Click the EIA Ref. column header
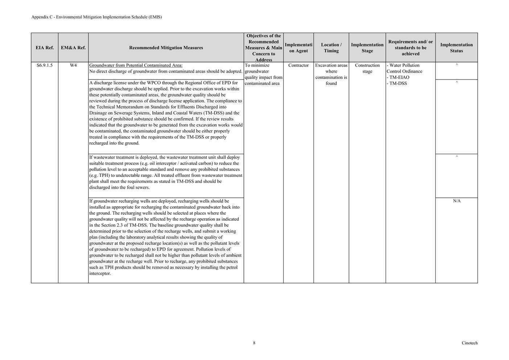(45, 48)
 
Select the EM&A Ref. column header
(73, 48)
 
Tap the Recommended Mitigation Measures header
(166, 48)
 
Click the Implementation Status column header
(456, 48)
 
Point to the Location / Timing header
(331, 48)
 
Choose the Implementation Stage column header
(367, 48)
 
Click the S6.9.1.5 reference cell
(45, 65)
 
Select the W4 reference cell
(73, 65)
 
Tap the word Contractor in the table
(298, 65)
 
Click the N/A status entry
(456, 201)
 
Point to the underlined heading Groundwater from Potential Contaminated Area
(136, 65)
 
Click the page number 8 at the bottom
(254, 343)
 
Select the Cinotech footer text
(469, 343)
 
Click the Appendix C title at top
(97, 17)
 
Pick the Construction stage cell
(367, 68)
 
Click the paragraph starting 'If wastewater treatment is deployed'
(165, 172)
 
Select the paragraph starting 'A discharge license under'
(165, 113)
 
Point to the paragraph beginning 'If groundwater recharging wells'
(165, 237)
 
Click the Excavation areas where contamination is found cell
(331, 74)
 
